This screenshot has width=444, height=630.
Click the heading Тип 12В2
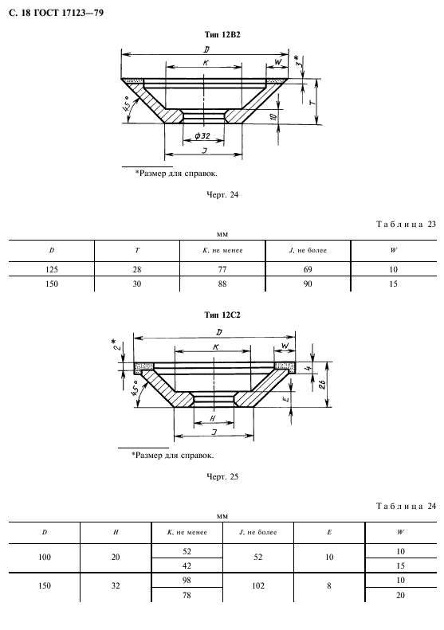tap(222, 35)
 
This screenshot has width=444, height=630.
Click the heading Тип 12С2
tap(222, 315)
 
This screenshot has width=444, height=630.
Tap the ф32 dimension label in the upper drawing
tap(202, 136)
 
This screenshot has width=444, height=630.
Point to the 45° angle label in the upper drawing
tap(126, 104)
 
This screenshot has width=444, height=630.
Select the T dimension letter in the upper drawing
tap(312, 102)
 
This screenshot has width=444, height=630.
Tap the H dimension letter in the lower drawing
tap(213, 418)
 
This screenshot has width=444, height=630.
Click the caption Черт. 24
tap(222, 195)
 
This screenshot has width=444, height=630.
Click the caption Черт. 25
tap(222, 477)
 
